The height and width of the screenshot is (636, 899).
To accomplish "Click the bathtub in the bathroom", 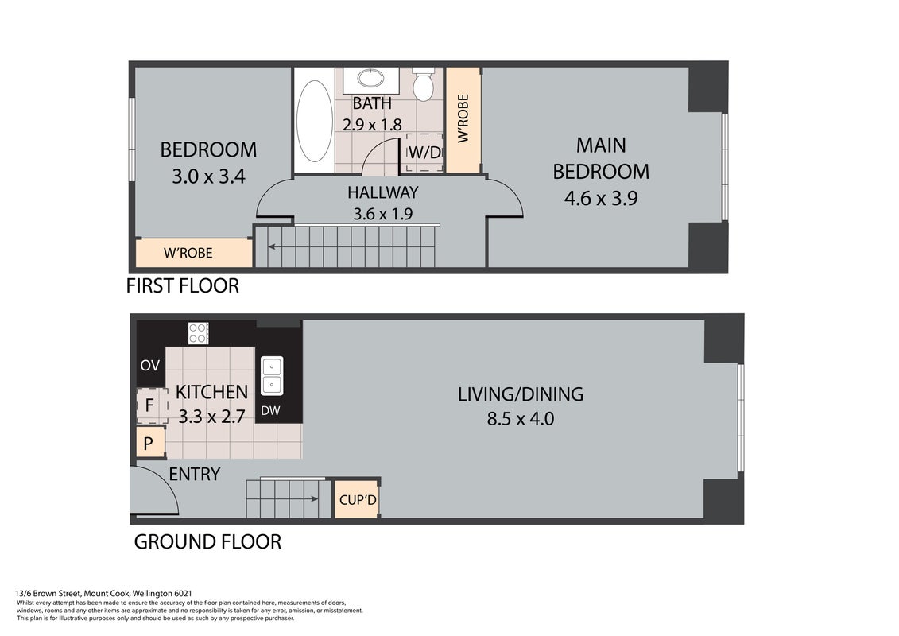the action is pos(314,121).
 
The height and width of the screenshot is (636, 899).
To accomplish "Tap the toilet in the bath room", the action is pos(424,83).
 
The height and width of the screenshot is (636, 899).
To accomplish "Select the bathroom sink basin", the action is pos(371,77).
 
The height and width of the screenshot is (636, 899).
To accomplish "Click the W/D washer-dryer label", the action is pos(424,153).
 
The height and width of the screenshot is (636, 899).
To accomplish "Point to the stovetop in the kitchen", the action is pos(199,333).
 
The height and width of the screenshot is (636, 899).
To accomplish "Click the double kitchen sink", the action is pos(272,375).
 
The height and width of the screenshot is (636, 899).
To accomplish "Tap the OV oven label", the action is pos(150,366).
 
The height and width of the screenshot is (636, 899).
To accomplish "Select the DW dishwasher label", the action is pos(270,411).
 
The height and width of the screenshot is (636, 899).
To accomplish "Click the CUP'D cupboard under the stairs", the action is pos(357,499).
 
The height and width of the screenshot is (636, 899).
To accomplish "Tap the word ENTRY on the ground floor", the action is pos(195,475).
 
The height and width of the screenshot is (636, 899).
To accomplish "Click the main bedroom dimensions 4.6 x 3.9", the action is pos(601,199).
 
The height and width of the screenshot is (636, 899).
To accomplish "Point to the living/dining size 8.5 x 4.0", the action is pos(521,419).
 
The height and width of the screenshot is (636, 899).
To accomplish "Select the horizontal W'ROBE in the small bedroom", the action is pos(188,253).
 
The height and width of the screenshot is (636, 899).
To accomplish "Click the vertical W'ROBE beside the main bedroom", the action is pos(463,118).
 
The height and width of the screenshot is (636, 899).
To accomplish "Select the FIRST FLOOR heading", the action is pos(182,285).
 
